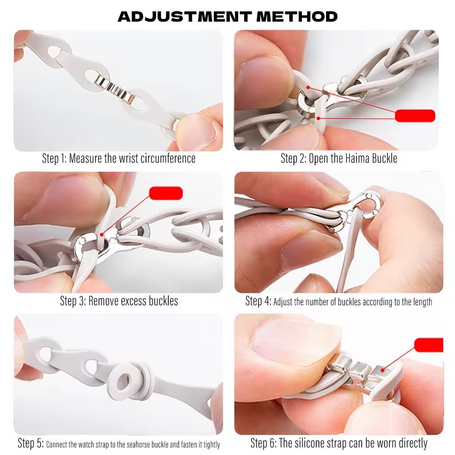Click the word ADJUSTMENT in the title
click(x=184, y=17)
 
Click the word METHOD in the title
click(x=297, y=17)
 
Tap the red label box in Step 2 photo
click(x=415, y=116)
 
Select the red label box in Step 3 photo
click(x=166, y=193)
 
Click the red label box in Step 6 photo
click(x=429, y=345)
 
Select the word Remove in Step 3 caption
click(x=103, y=301)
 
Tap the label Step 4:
click(x=258, y=301)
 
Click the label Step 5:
click(x=30, y=443)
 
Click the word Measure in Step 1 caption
click(x=85, y=158)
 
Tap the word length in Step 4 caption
click(x=422, y=302)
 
